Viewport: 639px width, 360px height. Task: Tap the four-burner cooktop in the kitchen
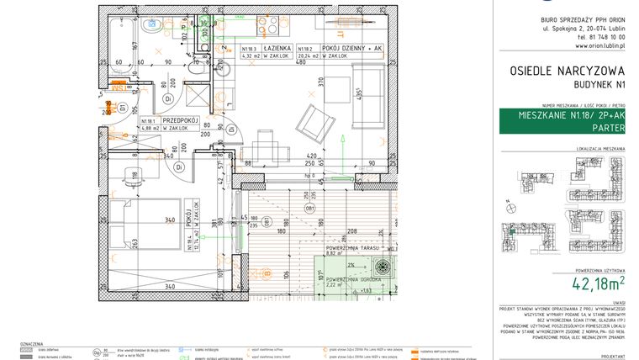(268, 25)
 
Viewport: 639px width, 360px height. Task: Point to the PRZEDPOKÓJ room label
(182, 121)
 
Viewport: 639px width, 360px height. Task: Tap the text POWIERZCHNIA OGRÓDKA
(351, 278)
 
